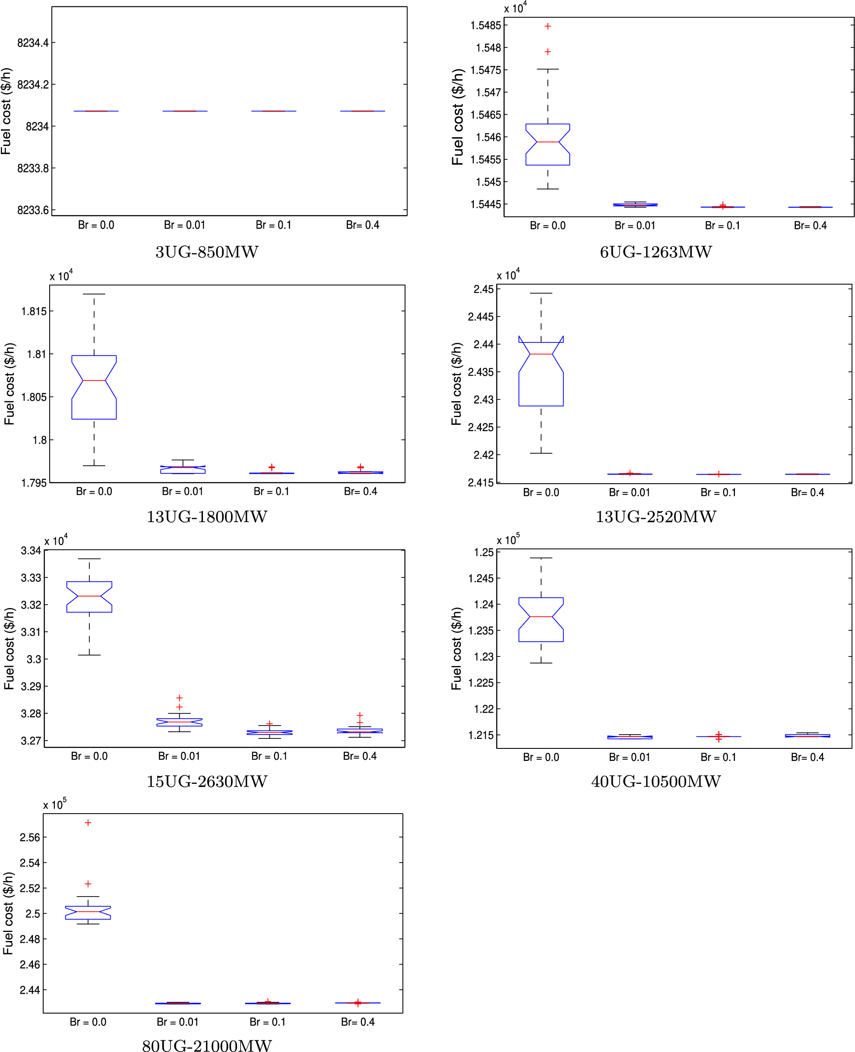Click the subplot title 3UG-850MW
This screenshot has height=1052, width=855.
click(x=207, y=252)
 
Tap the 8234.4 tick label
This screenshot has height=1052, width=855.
click(x=33, y=43)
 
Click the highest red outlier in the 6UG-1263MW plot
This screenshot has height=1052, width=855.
click(x=548, y=26)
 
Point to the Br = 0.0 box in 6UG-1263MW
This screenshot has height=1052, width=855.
click(x=548, y=144)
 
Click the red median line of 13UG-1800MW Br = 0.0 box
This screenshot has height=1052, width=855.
click(x=94, y=380)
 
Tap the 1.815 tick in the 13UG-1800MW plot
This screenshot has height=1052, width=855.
click(x=34, y=311)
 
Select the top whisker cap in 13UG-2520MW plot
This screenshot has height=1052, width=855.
click(x=541, y=293)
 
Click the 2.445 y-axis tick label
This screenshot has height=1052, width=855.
click(x=480, y=317)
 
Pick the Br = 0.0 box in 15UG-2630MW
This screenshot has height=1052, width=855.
click(x=89, y=597)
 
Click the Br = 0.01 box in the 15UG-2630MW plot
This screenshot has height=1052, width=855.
click(x=179, y=722)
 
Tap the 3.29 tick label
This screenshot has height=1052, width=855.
click(x=31, y=686)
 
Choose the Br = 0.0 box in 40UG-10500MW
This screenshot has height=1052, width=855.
click(x=541, y=620)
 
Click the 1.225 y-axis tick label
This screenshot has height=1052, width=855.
click(x=480, y=683)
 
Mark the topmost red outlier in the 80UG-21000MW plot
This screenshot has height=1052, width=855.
click(x=88, y=823)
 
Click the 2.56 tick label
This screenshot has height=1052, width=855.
click(x=29, y=837)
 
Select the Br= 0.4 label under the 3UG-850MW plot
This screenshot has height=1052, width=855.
click(x=362, y=225)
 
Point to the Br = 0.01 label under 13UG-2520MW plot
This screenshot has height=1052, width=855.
click(x=630, y=492)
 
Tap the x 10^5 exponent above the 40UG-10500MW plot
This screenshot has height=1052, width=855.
click(x=508, y=540)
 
